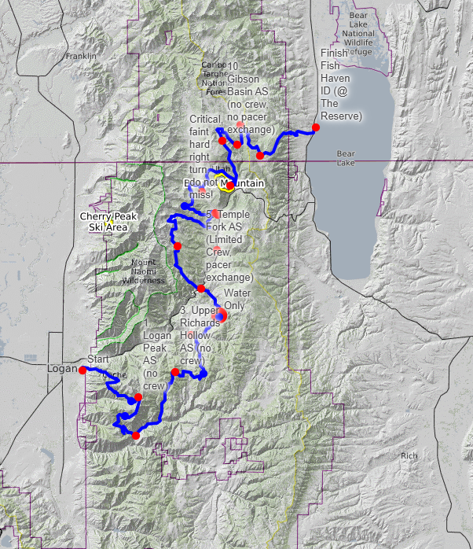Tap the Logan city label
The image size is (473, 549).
(x=63, y=369)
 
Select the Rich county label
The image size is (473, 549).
(x=409, y=455)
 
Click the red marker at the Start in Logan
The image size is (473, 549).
(x=82, y=370)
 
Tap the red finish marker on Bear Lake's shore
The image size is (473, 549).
(x=315, y=127)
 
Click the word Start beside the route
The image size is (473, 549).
(x=98, y=359)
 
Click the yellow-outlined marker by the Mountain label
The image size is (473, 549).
(x=227, y=186)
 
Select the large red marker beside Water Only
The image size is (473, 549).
(x=221, y=316)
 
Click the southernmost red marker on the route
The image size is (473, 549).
(x=135, y=436)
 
